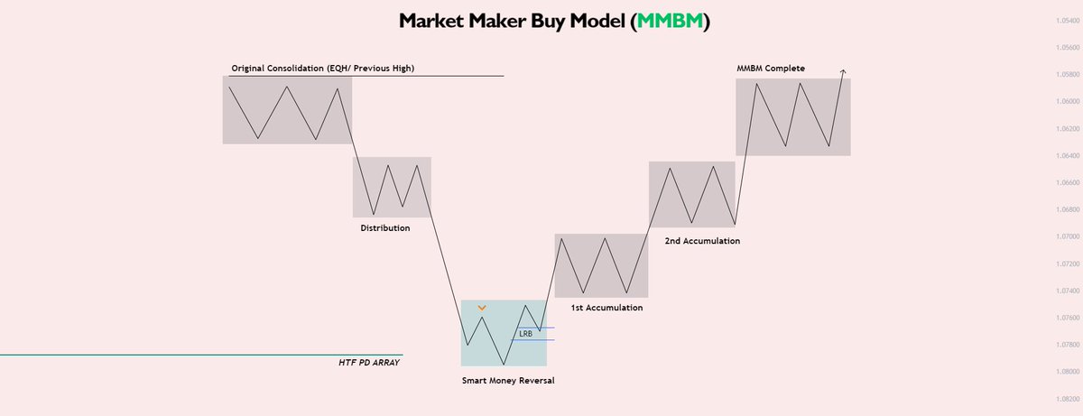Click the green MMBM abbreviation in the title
669,22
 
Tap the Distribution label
385,228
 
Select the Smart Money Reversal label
507,380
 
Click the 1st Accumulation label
607,308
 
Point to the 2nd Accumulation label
702,241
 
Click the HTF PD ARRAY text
363,362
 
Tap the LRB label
525,334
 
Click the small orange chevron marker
482,309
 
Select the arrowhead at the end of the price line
843,70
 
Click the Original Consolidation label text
323,68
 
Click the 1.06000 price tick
1065,101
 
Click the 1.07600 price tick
1065,318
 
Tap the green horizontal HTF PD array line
180,355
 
